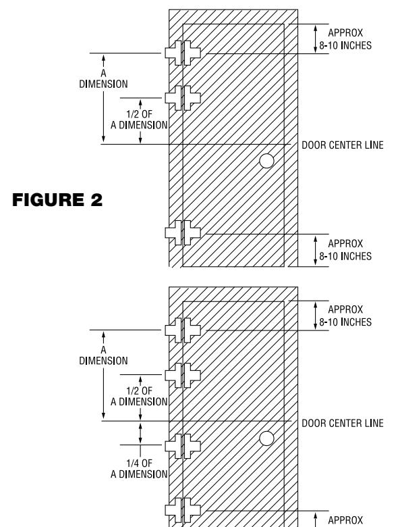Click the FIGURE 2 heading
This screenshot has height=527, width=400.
[x=57, y=199]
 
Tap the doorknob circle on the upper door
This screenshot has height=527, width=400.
[x=266, y=161]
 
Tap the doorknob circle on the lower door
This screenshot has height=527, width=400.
[x=266, y=438]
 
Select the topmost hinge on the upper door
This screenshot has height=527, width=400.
[x=183, y=53]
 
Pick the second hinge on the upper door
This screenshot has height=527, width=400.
[x=183, y=98]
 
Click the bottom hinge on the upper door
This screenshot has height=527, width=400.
[x=183, y=233]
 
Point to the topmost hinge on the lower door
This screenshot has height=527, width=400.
[x=183, y=330]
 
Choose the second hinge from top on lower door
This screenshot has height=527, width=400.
[x=183, y=375]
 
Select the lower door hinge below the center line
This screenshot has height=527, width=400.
[x=183, y=446]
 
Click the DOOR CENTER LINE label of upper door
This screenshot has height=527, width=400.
[x=343, y=145]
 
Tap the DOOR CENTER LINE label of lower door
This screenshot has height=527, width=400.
[x=343, y=423]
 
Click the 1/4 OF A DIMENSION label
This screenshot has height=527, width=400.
[x=139, y=469]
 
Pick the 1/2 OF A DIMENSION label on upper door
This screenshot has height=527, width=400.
[x=139, y=120]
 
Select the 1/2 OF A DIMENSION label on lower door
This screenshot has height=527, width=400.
[x=139, y=396]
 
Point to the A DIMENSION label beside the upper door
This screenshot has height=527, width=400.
[x=103, y=78]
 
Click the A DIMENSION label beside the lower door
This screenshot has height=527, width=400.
[x=103, y=355]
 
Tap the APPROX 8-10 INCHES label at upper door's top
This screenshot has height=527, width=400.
[x=345, y=39]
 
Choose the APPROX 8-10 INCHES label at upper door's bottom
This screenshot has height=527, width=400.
[x=345, y=250]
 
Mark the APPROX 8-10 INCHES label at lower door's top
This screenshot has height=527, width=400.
[x=345, y=316]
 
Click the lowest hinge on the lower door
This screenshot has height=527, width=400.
[x=183, y=510]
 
